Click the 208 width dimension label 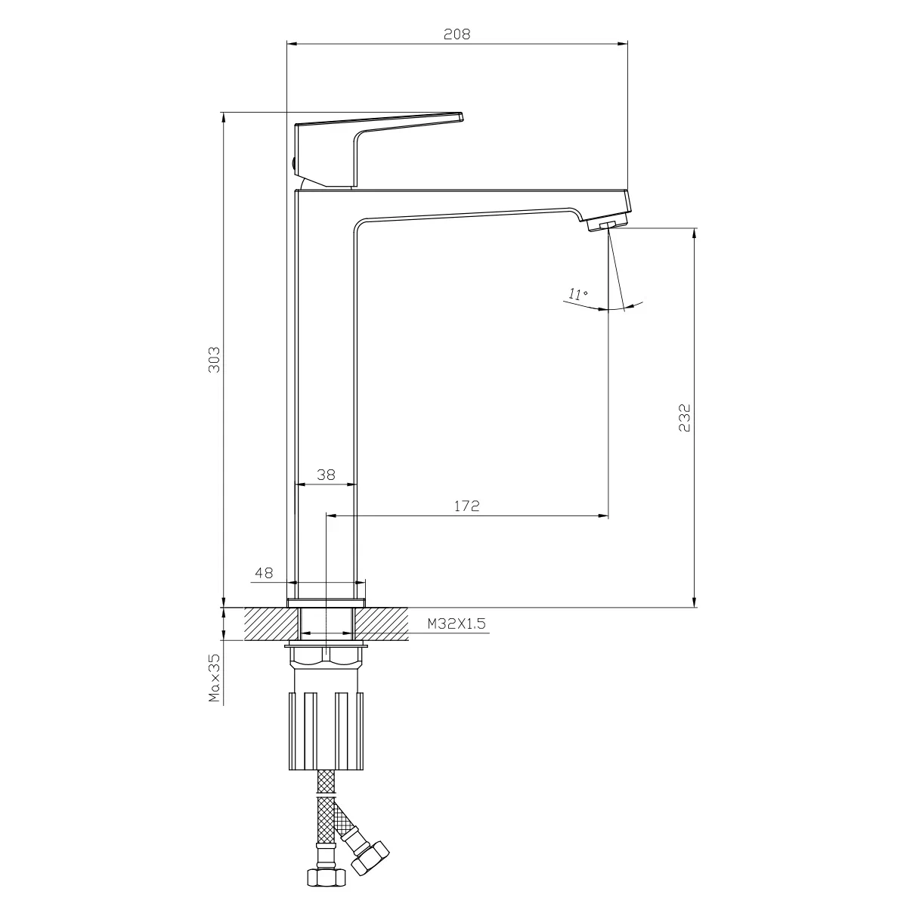(x=457, y=34)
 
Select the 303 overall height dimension (x=214, y=360)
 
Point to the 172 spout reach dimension (x=467, y=506)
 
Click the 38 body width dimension (x=327, y=475)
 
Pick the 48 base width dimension (x=264, y=573)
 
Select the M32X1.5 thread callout (x=457, y=624)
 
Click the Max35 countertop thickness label (x=215, y=678)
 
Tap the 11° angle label (x=578, y=295)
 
